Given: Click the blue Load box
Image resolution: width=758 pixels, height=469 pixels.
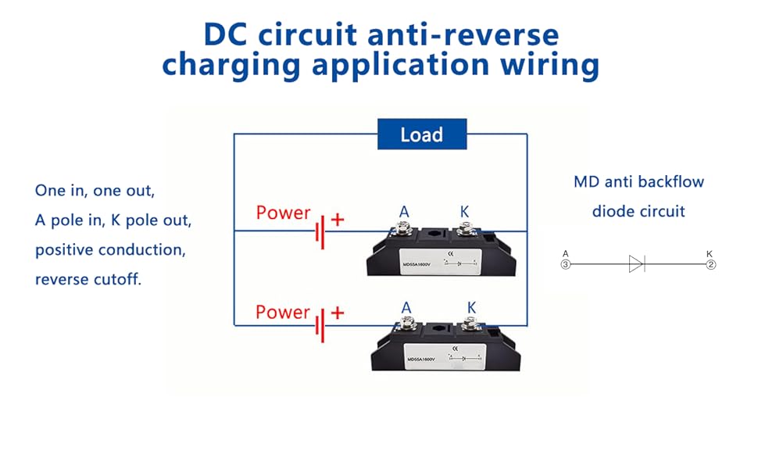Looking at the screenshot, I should (422, 134).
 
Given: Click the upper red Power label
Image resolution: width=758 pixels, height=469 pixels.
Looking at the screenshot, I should (283, 213).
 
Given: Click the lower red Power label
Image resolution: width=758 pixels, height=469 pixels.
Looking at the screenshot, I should (283, 313).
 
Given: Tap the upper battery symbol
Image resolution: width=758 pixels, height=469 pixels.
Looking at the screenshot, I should (320, 231).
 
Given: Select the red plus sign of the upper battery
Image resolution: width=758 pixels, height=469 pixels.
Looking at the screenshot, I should (338, 220).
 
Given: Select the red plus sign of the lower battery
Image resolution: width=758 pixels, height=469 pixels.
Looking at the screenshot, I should (338, 313).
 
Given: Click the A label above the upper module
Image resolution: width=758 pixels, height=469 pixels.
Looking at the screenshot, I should (404, 212).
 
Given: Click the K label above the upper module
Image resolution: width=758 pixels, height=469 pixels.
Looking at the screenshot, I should (465, 212).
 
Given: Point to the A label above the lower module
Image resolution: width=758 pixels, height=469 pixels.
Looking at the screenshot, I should (406, 308).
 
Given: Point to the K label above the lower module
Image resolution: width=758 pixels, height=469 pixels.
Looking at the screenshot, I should (470, 308).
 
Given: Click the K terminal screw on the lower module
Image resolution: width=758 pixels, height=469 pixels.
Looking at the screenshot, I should (469, 324).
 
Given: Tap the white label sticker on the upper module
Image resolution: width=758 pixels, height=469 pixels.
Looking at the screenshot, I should (434, 261).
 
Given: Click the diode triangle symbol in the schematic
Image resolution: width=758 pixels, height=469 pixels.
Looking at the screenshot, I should (636, 265).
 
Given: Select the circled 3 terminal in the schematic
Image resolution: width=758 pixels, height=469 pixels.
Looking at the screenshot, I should (566, 265).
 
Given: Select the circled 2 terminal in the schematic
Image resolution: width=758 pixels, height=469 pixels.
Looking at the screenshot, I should (710, 265).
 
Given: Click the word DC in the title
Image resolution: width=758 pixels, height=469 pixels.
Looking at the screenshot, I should (228, 35).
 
